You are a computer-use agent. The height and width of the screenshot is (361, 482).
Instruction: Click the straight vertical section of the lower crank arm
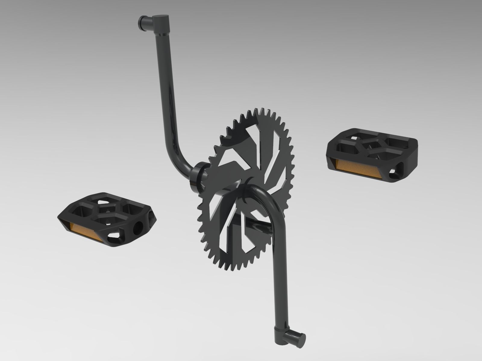278,271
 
